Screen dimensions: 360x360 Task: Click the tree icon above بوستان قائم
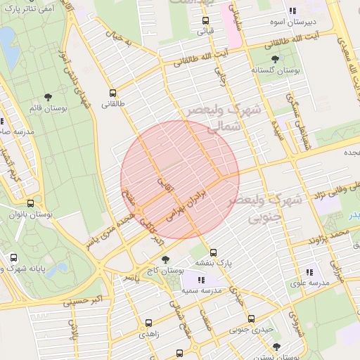(x=48, y=97)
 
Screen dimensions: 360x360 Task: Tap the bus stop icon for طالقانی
(x=112, y=93)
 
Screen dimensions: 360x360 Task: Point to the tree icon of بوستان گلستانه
(x=274, y=60)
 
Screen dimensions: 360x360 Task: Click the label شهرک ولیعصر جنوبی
(x=266, y=209)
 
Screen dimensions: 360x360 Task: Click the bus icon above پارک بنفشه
(x=214, y=252)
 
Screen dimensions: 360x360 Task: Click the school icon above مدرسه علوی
(x=309, y=272)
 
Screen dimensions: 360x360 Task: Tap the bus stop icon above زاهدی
(x=148, y=323)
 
